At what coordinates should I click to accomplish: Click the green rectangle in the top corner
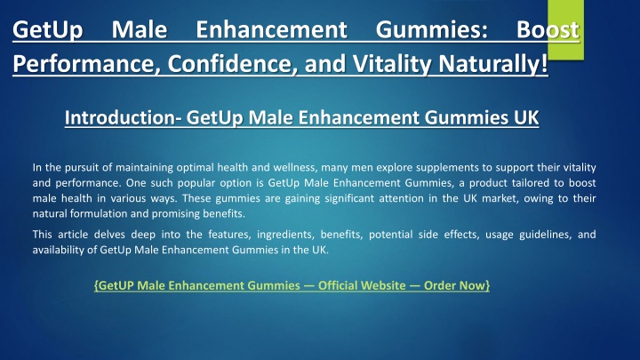coord(565,30)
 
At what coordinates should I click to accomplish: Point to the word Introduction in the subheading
coord(120,117)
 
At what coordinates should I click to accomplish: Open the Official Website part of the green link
coord(362,285)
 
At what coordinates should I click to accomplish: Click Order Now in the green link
coord(455,285)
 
